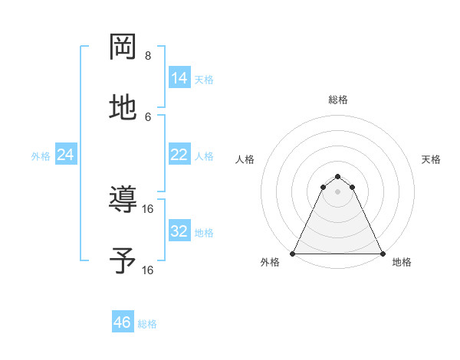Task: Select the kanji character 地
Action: click(123, 108)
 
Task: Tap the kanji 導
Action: click(123, 201)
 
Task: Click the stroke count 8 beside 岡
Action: click(148, 55)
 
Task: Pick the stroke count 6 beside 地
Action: click(148, 116)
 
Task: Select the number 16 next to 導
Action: click(149, 208)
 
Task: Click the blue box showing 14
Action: click(179, 78)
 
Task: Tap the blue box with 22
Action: click(179, 155)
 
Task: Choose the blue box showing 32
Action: click(179, 231)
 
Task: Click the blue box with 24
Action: click(66, 155)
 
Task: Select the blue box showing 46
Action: click(123, 322)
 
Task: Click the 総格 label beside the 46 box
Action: click(147, 324)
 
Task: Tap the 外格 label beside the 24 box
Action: click(41, 156)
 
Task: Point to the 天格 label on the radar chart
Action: click(431, 159)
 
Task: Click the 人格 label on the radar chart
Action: click(245, 159)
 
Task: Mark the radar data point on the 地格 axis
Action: click(383, 253)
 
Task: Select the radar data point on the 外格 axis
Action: click(293, 253)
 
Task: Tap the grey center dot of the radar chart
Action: click(337, 191)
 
